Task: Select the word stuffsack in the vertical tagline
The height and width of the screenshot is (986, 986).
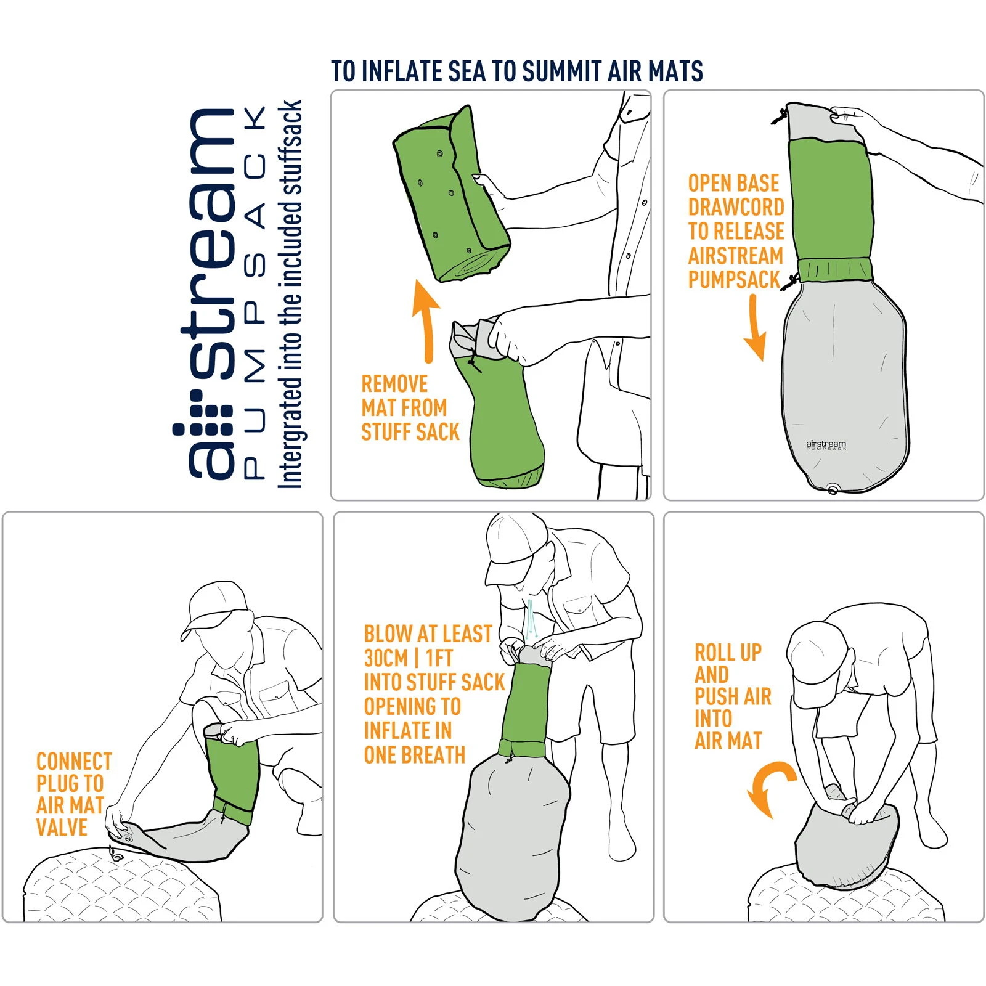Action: (x=290, y=148)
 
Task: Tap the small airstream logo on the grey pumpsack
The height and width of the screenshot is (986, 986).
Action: (x=826, y=444)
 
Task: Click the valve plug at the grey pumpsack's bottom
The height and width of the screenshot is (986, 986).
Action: (x=833, y=490)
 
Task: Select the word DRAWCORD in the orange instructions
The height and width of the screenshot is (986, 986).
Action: (x=736, y=207)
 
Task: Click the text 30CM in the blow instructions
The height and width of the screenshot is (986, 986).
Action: (x=386, y=658)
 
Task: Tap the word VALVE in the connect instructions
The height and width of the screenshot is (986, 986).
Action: (x=62, y=828)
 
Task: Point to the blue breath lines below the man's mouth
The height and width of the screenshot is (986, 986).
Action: (x=532, y=619)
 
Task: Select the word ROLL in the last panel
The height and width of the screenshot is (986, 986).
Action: (x=715, y=652)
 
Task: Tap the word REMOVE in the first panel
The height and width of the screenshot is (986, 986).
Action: (x=394, y=384)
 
